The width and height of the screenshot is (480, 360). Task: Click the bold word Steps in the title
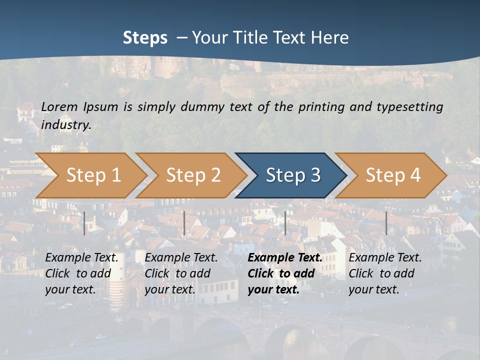[x=145, y=38]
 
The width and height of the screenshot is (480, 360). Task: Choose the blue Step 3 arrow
[x=293, y=175]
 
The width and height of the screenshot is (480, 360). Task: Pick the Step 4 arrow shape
[x=393, y=175]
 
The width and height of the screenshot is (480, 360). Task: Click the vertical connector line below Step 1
[x=84, y=223]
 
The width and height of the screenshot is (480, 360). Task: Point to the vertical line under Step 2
[x=184, y=223]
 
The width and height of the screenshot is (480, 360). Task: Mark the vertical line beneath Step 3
[x=285, y=223]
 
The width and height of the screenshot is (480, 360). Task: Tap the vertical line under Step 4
[x=386, y=223]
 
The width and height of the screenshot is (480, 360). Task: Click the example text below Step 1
[x=81, y=273]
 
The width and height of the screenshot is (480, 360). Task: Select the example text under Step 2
[x=181, y=273]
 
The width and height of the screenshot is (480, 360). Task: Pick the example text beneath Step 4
[x=385, y=273]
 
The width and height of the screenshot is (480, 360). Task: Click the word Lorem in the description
[x=59, y=106]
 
